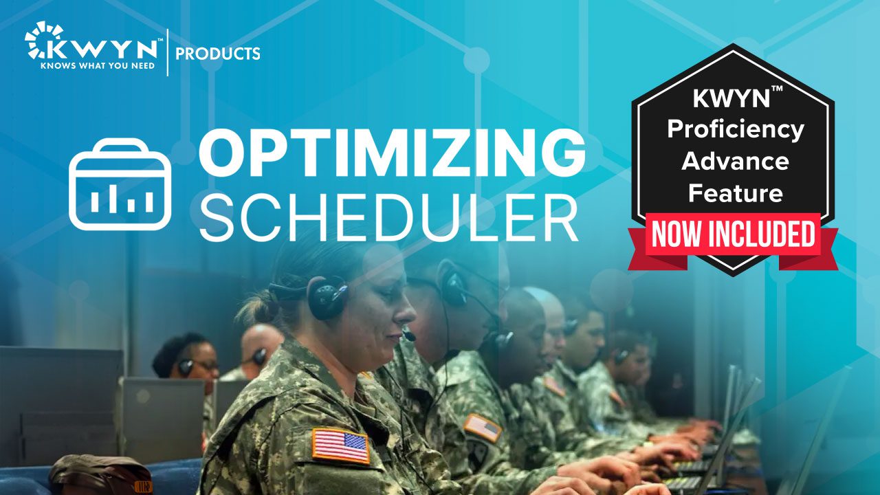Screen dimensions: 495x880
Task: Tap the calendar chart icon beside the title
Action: (120, 184)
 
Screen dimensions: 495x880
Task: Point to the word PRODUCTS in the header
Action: (218, 54)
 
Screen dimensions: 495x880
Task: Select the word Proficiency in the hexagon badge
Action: (736, 129)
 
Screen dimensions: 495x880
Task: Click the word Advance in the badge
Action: (736, 162)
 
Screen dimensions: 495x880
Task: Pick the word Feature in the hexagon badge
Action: (736, 193)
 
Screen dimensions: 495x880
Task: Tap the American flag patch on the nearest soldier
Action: (341, 445)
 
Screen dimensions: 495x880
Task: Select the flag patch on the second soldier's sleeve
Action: (483, 427)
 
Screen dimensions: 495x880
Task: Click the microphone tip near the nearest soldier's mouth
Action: (410, 337)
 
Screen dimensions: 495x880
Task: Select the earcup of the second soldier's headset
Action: (454, 289)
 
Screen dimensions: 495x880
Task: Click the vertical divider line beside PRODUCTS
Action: (168, 52)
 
